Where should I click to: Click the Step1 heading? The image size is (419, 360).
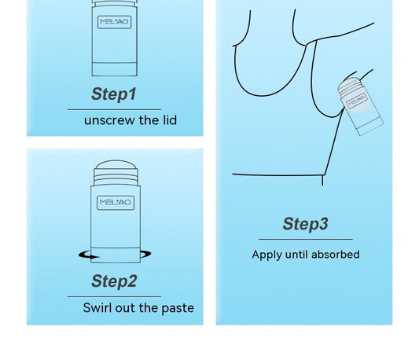point(114,94)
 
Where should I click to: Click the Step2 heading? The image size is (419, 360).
point(114,281)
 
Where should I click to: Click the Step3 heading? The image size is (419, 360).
point(306,224)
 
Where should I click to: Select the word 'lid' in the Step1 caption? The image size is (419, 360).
point(170,120)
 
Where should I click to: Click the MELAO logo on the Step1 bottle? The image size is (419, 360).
point(114,22)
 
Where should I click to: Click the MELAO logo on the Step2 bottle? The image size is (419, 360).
point(116,203)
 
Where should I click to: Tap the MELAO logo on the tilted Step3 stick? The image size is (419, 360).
point(356,101)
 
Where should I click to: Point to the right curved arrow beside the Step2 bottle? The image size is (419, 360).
point(145,254)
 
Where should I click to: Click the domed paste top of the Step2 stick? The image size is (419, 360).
point(116,164)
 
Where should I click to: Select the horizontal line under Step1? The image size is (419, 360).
point(114,109)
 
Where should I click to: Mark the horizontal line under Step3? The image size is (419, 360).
point(306,240)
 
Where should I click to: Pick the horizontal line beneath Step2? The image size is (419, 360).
point(114,296)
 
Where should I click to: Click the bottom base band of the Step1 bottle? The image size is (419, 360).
point(115,69)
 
